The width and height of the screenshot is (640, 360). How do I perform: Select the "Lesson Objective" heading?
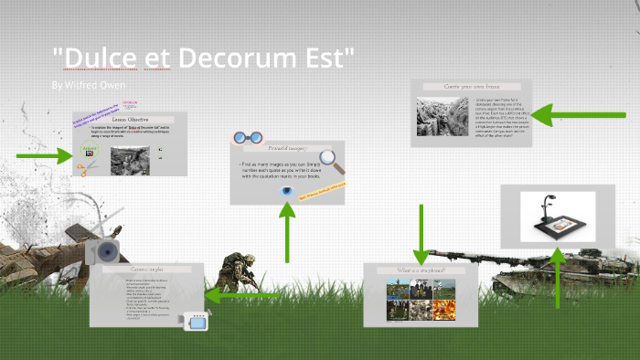pos(130,120)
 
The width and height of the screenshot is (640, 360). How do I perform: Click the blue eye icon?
pos(287,192)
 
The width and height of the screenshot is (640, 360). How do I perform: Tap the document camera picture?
pos(558,217)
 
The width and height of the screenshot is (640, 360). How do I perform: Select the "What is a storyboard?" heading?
pos(421,270)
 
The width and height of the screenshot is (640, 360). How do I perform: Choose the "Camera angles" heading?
pos(146,270)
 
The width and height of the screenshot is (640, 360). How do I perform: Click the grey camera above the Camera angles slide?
pos(103,250)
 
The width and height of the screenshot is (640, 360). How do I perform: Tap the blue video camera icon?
pos(197,321)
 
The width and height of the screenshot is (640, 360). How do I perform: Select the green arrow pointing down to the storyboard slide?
pos(421,234)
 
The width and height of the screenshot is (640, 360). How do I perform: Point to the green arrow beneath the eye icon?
pos(287,235)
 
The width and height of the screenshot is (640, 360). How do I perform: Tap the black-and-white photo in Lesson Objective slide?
pos(130,160)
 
